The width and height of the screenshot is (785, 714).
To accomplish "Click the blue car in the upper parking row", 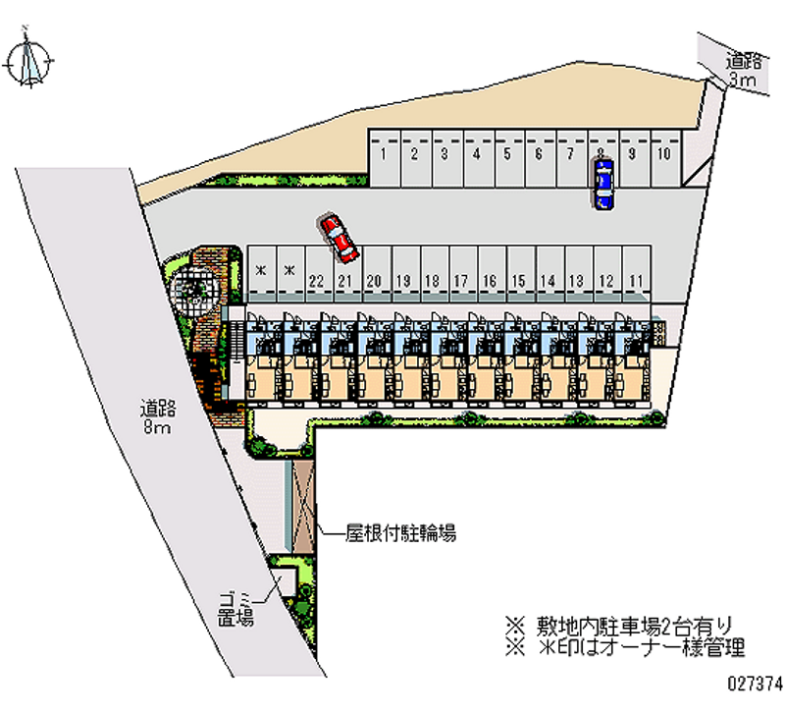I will pos(602,185).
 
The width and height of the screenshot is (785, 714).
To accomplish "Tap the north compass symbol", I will pos(29,62).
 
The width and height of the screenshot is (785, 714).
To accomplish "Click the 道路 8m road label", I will pos(157,417).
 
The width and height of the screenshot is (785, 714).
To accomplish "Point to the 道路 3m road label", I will pos(742,72).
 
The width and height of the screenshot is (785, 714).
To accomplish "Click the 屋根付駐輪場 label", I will pos(399,534).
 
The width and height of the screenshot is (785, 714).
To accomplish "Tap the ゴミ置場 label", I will pos(236,609).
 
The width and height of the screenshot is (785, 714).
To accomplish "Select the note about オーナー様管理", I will pos(624,647).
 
